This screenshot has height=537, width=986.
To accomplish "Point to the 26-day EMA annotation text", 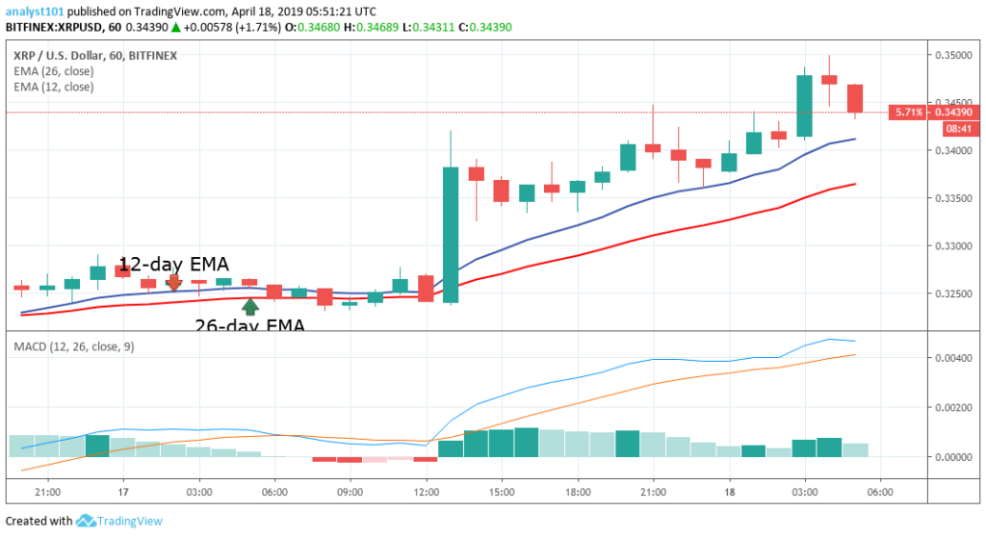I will pyautogui.click(x=250, y=326).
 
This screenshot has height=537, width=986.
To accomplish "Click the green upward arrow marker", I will pyautogui.click(x=250, y=307).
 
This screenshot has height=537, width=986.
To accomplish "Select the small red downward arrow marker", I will pyautogui.click(x=174, y=282).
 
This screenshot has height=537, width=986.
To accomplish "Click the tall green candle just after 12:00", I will pyautogui.click(x=451, y=235).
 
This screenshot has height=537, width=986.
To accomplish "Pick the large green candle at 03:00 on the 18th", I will pyautogui.click(x=805, y=106).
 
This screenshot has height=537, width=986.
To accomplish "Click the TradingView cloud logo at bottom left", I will pyautogui.click(x=86, y=521).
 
